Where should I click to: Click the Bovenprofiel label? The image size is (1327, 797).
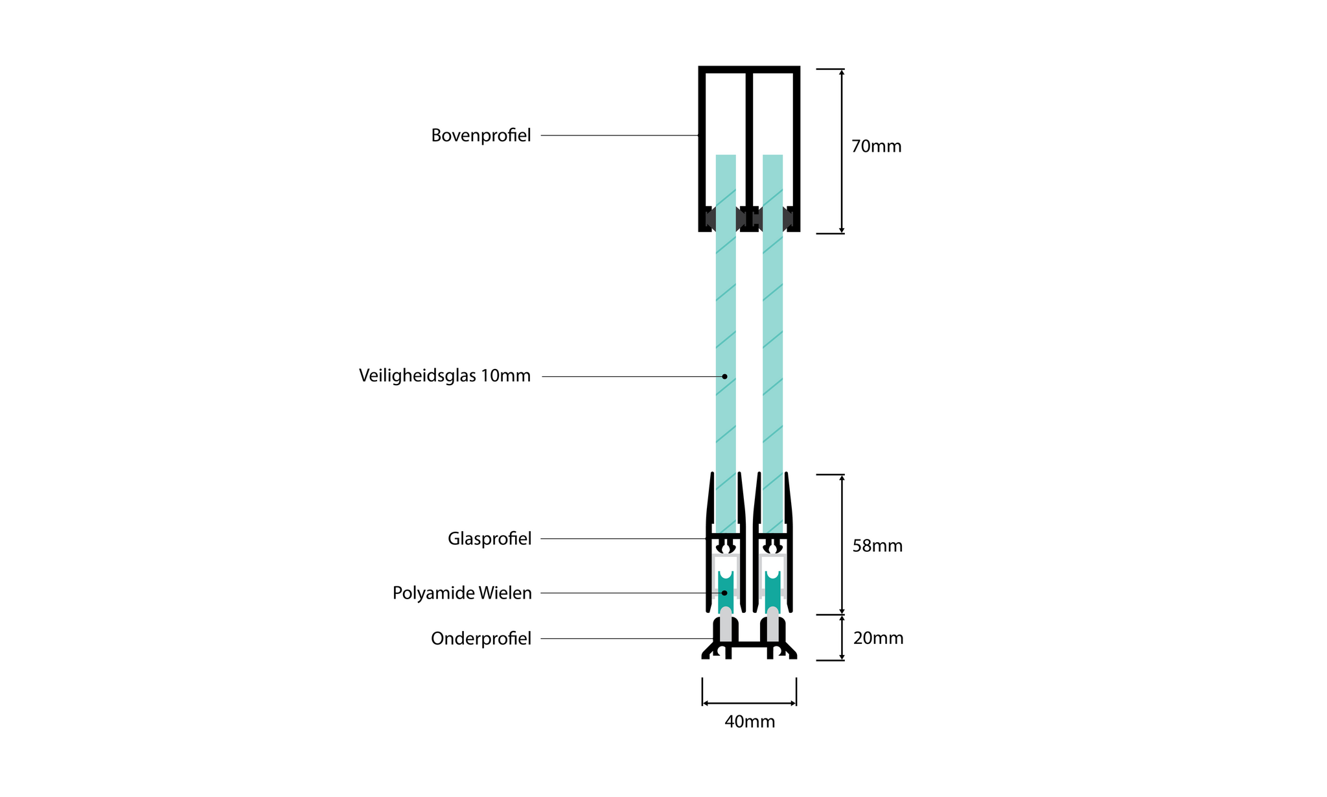[x=481, y=136]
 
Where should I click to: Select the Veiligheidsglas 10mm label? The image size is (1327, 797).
[x=444, y=376]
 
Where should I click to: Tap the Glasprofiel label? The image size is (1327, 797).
[x=489, y=539]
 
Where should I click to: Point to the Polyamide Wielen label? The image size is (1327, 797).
[x=462, y=593]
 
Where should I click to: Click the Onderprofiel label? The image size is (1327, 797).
[x=481, y=639]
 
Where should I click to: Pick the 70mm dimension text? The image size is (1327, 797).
[x=876, y=147]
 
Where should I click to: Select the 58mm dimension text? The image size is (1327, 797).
[x=877, y=546]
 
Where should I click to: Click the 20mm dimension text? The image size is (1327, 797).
[x=878, y=638]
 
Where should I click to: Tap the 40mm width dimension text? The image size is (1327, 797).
[x=750, y=722]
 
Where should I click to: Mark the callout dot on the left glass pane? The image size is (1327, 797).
[x=724, y=376]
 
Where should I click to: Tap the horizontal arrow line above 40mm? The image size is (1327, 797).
[x=750, y=703]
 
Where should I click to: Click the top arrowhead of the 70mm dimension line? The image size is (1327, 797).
[x=842, y=73]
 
